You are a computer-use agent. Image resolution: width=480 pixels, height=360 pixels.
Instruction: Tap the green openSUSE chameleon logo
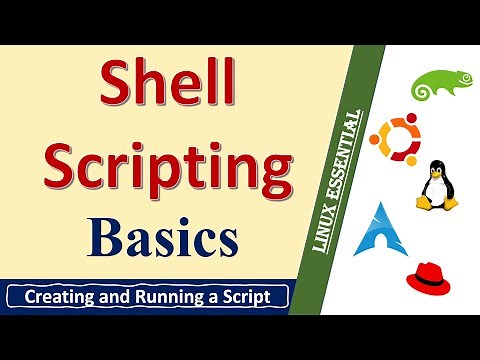point(437,85)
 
